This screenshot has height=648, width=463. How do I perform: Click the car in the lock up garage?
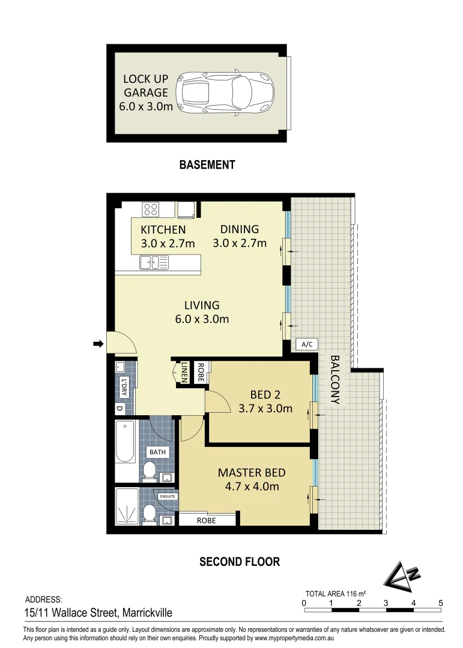pos(225,93)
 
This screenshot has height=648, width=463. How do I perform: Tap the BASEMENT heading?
pos(207,164)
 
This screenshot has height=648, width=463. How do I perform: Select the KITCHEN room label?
pos(163,230)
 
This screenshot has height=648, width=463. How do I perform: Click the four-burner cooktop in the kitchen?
pos(151,209)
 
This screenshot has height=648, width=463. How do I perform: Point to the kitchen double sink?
pos(154,262)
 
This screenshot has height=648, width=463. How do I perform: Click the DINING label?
pos(239,229)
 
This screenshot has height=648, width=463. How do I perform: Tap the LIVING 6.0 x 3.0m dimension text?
pos(202,319)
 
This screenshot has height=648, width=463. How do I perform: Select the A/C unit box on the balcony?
pos(307,344)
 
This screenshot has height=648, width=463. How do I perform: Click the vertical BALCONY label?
pos(334,379)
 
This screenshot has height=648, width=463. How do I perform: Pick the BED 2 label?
pos(265,395)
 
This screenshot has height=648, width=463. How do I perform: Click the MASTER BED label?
pos(248,472)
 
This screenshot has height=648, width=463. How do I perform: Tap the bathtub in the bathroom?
pos(126,442)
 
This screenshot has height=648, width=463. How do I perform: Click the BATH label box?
pos(159,452)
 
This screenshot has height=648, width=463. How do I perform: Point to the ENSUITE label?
pos(168,497)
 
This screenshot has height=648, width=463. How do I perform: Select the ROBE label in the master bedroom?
pos(206,521)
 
